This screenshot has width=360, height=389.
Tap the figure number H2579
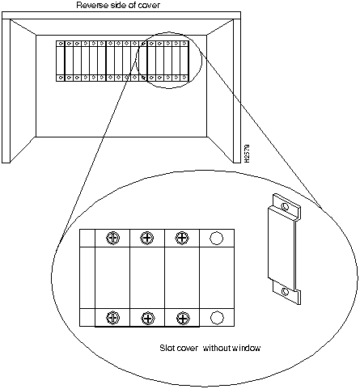pos(247,154)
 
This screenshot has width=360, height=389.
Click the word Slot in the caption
pos(167,348)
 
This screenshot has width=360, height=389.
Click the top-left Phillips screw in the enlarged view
pos(113,238)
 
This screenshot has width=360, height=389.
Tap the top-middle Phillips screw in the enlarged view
pos(147,238)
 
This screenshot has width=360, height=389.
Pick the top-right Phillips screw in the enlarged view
pos(182,238)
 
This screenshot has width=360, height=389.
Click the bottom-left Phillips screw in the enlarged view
pos(113,318)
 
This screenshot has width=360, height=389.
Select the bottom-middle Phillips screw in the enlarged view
pos(147,319)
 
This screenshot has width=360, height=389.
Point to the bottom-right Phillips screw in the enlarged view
pos(183,318)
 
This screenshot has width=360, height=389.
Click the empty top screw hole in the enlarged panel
pos(216,239)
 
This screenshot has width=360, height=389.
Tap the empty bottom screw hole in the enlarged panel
pos(217,318)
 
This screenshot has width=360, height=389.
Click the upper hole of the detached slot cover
pos(285,207)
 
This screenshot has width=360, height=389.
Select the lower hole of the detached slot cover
pos(285,292)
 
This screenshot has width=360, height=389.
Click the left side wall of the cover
pos(6,91)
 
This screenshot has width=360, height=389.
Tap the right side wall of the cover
pos(237,91)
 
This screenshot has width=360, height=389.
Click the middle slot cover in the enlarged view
pos(147,277)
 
